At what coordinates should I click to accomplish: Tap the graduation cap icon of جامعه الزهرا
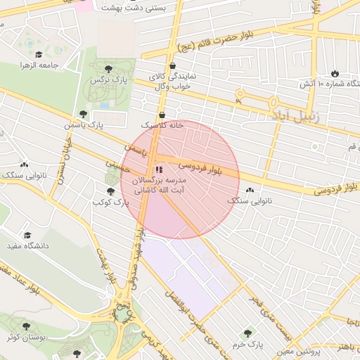(37, 54)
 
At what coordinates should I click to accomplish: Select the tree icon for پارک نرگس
(108, 69)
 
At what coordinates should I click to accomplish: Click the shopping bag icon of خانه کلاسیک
(162, 115)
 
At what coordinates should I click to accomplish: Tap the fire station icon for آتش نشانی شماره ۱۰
(334, 74)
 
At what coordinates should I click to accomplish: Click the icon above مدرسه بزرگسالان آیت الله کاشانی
(157, 169)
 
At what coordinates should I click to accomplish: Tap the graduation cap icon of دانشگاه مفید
(27, 236)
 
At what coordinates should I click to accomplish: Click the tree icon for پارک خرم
(247, 333)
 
